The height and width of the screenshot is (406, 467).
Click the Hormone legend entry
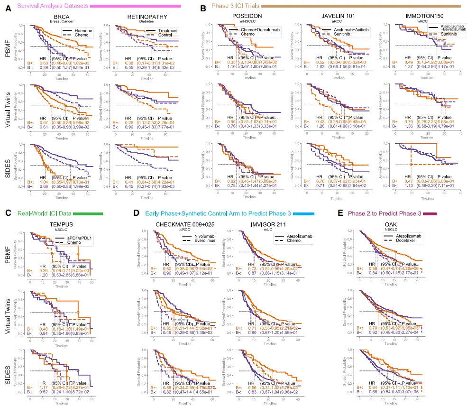84,30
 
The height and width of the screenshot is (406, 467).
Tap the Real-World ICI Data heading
42,214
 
